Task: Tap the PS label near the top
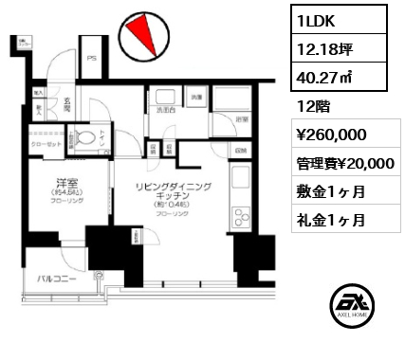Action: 91,58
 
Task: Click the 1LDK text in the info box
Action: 317,20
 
